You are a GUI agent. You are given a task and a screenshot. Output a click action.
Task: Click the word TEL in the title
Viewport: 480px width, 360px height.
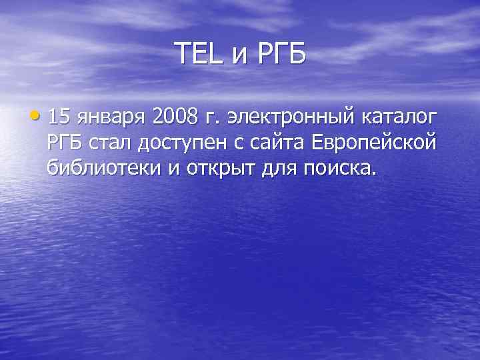coord(199,53)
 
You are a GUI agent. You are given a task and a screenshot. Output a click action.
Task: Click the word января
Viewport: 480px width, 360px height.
coord(111,119)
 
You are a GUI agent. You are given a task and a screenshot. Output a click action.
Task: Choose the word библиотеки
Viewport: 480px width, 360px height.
coord(104,168)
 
